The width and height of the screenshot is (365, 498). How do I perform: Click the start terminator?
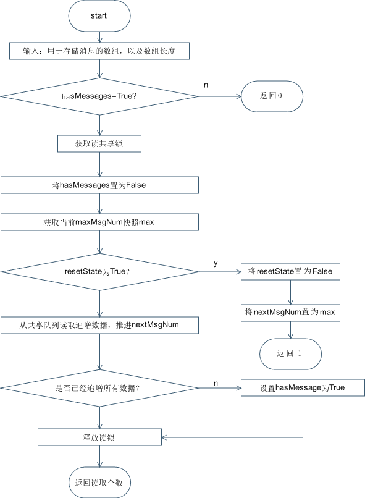tap(99, 16)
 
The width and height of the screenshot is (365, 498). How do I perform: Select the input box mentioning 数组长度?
tap(99, 51)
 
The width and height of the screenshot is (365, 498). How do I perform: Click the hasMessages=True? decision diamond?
tap(99, 96)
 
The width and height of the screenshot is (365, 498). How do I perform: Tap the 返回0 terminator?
tap(272, 96)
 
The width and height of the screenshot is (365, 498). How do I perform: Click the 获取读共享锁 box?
tap(99, 143)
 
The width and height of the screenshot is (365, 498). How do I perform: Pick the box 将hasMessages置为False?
tap(99, 185)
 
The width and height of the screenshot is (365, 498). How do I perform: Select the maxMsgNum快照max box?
tap(99, 222)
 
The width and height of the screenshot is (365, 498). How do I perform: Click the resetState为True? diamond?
tap(99, 272)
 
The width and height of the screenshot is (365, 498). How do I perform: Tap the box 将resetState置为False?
tap(290, 271)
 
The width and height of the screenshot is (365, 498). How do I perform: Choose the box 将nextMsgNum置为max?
tap(290, 313)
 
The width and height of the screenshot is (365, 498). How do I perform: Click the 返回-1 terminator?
tap(290, 354)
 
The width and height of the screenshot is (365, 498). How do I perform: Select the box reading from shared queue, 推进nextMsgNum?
tap(99, 325)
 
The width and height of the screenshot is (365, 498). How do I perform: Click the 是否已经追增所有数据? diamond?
tap(99, 388)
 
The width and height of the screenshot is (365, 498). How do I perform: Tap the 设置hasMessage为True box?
tap(303, 387)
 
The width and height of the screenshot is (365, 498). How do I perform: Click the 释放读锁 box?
tap(99, 437)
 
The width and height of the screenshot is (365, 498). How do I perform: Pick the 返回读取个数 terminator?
tap(99, 483)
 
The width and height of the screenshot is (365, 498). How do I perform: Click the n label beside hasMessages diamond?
tap(206, 85)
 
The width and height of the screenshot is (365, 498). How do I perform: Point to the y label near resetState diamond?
tap(216, 264)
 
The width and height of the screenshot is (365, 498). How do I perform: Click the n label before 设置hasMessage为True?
tap(216, 384)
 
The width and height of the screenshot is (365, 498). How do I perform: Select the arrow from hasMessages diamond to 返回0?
tap(220, 96)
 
